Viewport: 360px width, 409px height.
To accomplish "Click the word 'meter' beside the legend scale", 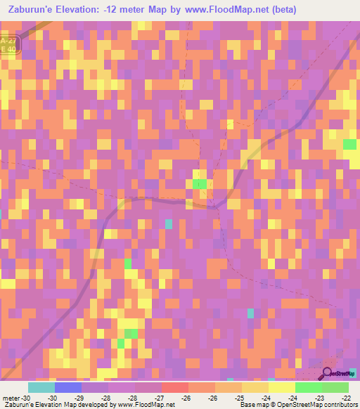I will point(11,398).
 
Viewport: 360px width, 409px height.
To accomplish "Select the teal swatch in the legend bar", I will point(41,387).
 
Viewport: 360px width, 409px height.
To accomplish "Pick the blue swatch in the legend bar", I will point(68,387).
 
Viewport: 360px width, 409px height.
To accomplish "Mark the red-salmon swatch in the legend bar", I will point(175,387).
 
